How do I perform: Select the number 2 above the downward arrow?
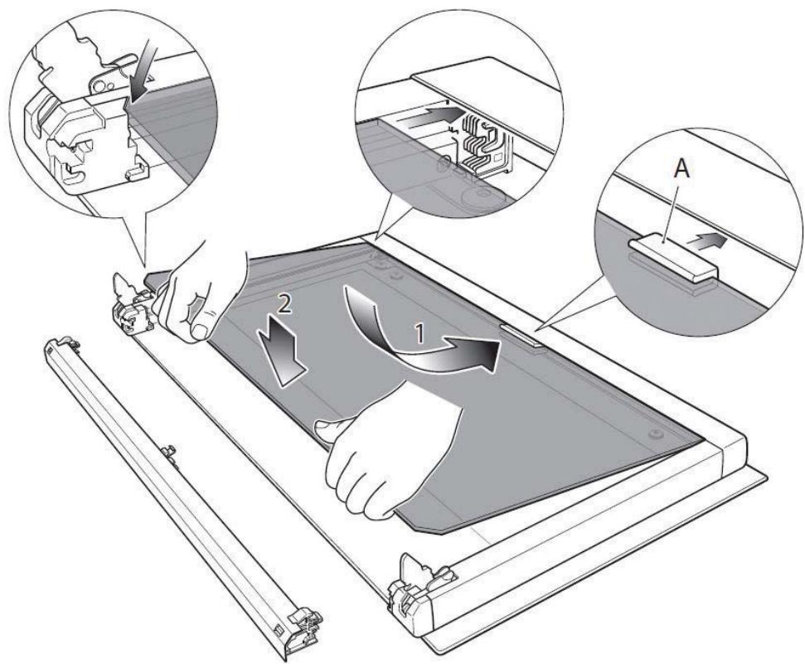[x=284, y=304]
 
